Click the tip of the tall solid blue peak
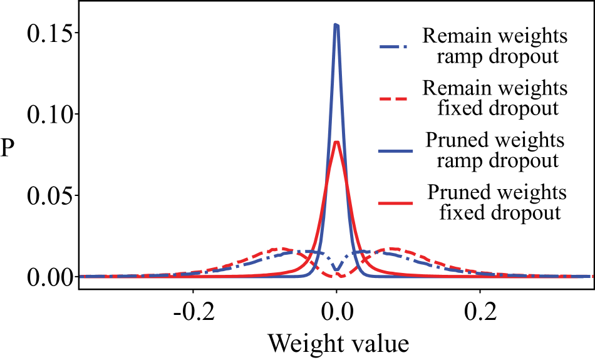(x=336, y=26)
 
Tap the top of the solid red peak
(x=337, y=142)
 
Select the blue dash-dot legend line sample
(x=393, y=47)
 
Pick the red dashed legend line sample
(x=393, y=99)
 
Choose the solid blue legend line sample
(x=396, y=151)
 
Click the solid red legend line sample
(x=396, y=203)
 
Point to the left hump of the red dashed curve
(x=279, y=249)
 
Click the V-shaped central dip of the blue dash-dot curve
(x=337, y=270)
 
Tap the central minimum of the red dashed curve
(x=340, y=276)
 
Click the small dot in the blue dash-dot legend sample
(x=405, y=47)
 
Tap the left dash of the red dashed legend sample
(x=385, y=99)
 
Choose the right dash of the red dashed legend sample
(x=401, y=99)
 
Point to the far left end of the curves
(x=81, y=276)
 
